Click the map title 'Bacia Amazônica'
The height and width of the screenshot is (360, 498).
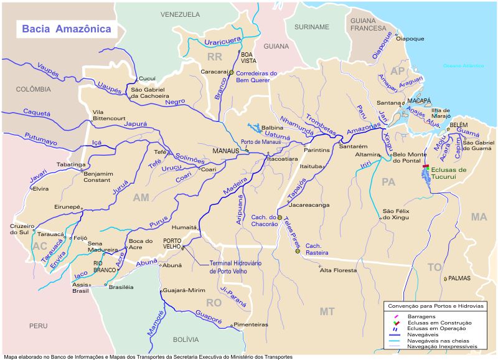[67, 29]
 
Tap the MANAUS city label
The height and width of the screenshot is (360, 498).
[225, 151]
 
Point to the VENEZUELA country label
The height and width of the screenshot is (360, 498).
[180, 14]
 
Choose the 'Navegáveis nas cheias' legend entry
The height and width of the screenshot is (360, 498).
[435, 339]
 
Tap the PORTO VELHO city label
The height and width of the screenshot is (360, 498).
[172, 244]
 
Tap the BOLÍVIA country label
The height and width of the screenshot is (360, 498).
[186, 339]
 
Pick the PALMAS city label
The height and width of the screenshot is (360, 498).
[459, 278]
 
